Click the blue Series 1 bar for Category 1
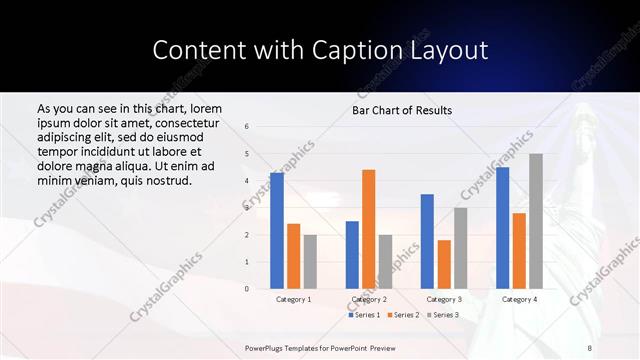point(277,231)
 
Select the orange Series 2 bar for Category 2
point(368,229)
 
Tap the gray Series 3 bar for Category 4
point(536,221)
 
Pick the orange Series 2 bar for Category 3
point(444,264)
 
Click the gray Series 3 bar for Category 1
point(310,262)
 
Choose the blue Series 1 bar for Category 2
point(352,255)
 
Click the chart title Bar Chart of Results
point(402,110)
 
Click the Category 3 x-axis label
point(444,299)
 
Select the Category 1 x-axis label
point(294,299)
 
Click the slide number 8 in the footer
point(589,347)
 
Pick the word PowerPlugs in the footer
point(266,347)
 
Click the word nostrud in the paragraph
point(167,180)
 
